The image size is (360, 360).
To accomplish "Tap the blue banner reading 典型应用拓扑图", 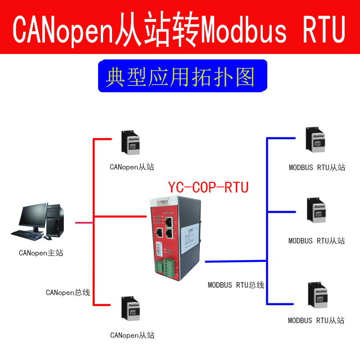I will click(180, 77).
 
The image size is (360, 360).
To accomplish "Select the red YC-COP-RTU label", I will click(208, 187).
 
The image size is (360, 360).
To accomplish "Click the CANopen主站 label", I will click(41, 253).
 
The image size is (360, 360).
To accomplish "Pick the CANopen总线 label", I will click(68, 292).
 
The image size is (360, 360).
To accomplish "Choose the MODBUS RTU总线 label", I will click(236, 285).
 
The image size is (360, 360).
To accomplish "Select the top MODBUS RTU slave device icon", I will click(315, 140).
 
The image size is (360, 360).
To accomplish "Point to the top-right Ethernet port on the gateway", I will click(169, 222).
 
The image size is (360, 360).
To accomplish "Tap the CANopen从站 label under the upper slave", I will click(132, 167).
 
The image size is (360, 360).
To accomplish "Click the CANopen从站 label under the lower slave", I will click(132, 335).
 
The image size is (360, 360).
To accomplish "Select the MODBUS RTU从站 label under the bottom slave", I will click(316, 320).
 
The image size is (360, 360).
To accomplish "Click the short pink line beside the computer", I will click(83, 222).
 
